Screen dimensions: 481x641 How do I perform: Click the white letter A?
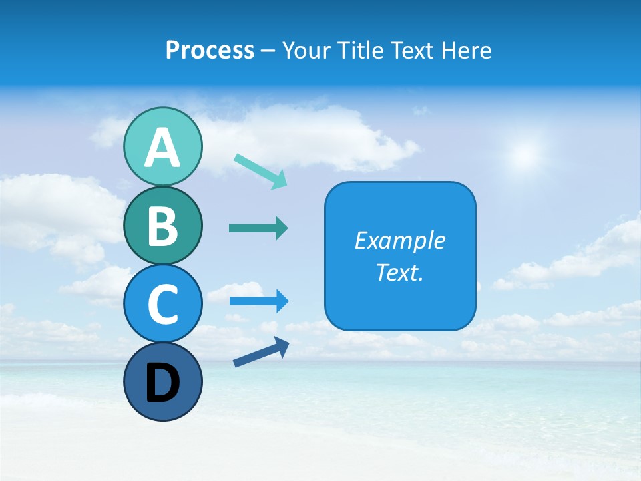coord(162,148)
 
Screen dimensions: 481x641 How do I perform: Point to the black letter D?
coord(162,383)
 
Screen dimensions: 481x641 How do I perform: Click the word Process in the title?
coord(210,50)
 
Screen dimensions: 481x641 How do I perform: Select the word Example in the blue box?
coord(399,240)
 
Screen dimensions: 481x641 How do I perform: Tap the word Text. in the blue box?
coord(399,272)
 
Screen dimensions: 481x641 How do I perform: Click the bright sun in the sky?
coord(524,156)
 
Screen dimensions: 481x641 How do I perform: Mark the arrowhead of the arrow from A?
coord(280,180)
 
